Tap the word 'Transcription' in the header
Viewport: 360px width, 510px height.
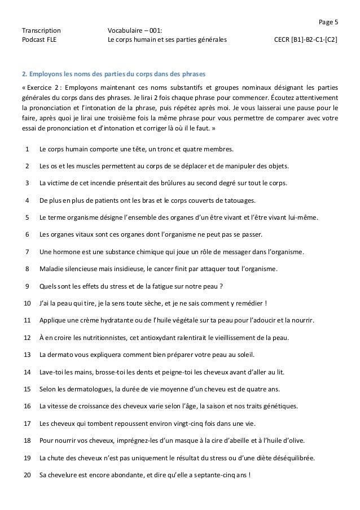coord(41,31)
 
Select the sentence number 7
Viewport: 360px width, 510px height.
coord(28,251)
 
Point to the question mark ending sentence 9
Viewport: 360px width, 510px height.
coord(222,286)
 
